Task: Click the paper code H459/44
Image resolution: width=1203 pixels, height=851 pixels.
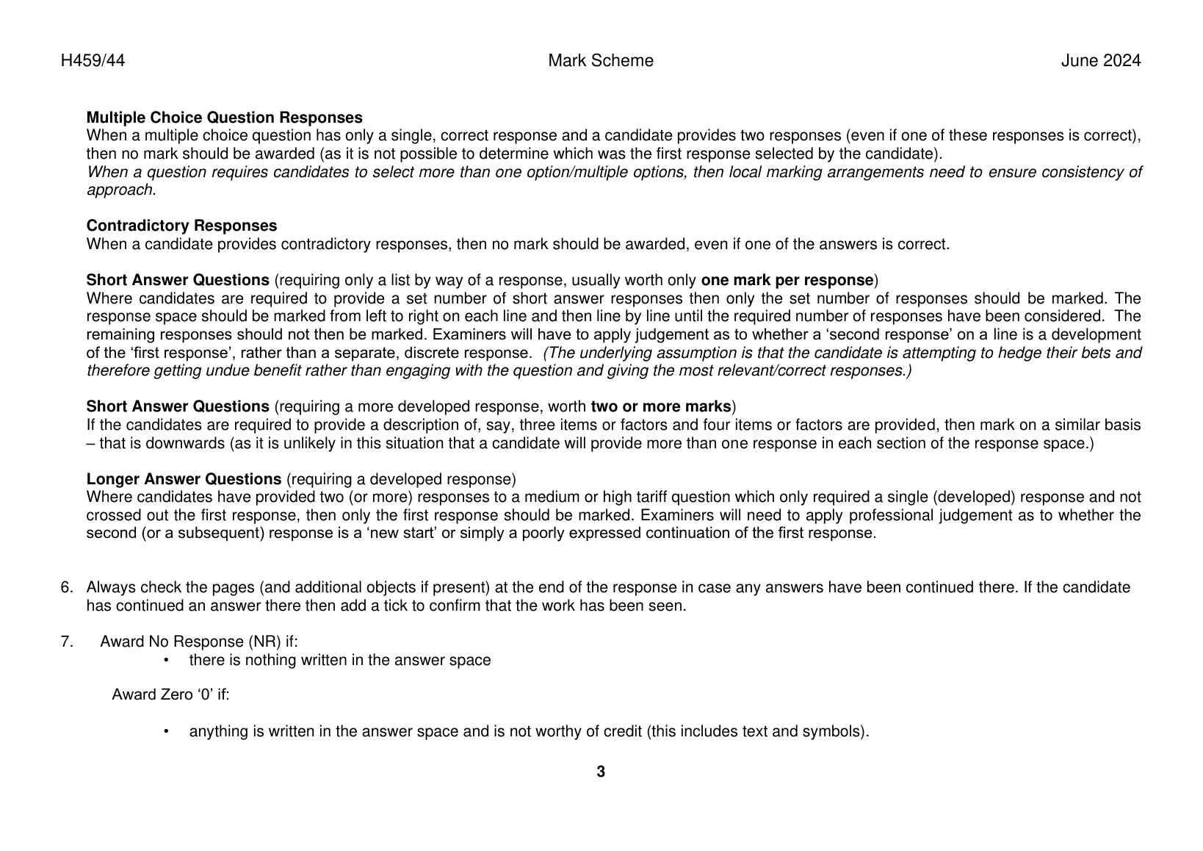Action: (x=93, y=61)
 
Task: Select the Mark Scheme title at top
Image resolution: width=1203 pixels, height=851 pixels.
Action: (x=600, y=61)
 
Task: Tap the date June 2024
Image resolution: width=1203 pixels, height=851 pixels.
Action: (x=1100, y=61)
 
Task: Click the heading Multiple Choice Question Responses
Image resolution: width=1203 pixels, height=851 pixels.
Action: (x=224, y=118)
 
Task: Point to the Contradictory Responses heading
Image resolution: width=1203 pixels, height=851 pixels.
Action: (x=181, y=226)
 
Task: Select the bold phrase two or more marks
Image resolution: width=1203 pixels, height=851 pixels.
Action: (x=661, y=406)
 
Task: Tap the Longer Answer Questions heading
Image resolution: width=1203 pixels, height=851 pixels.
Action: (x=184, y=479)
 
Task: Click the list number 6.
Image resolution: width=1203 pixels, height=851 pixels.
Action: (x=66, y=587)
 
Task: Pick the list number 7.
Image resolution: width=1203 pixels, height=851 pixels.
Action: (x=66, y=642)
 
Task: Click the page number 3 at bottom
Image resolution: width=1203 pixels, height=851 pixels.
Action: (x=601, y=772)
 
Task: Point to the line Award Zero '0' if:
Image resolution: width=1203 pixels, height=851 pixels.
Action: (x=170, y=694)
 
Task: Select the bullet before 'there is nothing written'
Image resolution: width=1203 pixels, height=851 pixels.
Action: (x=167, y=660)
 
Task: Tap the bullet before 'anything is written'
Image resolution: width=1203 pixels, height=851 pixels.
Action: (x=167, y=732)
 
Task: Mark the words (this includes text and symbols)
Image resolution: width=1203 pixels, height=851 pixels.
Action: (x=757, y=732)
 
